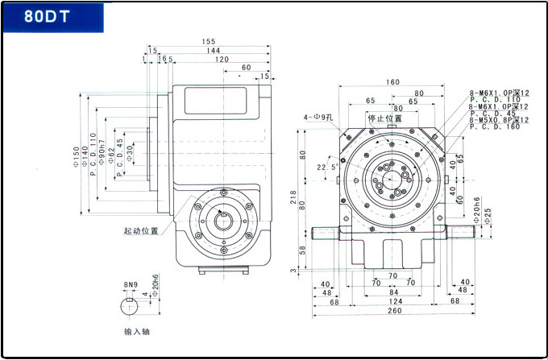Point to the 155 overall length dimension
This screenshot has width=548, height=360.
point(210,41)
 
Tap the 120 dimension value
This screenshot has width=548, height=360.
point(221,59)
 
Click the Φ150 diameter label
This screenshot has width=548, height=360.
point(77,156)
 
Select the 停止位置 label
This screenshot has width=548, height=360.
point(384,118)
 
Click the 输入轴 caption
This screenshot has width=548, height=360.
point(137,330)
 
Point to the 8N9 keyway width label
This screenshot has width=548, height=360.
point(131,285)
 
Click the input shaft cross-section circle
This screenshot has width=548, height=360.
point(130,306)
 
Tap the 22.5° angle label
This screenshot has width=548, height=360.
point(326,168)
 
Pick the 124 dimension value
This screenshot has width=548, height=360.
point(394,301)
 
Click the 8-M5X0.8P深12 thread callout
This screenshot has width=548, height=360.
point(500,119)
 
